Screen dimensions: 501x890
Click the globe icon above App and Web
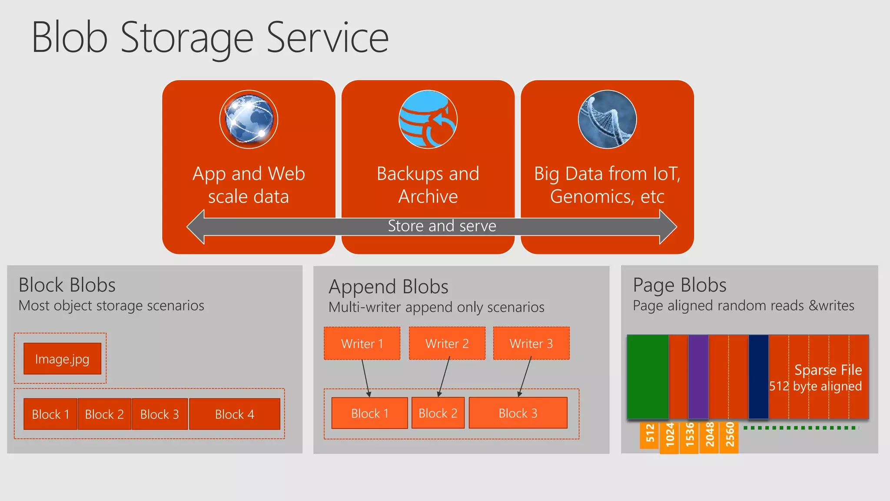tap(249, 119)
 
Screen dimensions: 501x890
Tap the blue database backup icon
tap(428, 119)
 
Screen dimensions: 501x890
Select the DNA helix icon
tap(607, 119)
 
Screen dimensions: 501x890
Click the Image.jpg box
tap(62, 359)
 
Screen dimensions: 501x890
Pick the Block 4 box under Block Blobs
tap(235, 414)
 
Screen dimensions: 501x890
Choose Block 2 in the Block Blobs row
tap(104, 414)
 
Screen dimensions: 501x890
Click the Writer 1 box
tap(362, 344)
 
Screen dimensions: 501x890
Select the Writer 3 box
tap(531, 344)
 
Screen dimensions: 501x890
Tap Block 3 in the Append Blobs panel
tap(518, 413)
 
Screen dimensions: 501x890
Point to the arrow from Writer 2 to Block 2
tap(444, 377)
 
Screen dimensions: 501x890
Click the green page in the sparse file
tap(648, 377)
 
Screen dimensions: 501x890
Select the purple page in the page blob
tap(698, 377)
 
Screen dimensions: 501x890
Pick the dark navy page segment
tap(758, 377)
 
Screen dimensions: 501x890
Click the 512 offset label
tap(650, 434)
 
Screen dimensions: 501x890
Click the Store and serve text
tap(442, 226)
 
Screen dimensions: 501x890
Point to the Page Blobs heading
tap(680, 285)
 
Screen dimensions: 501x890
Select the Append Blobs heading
tap(389, 287)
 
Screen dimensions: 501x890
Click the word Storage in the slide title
tap(187, 38)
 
